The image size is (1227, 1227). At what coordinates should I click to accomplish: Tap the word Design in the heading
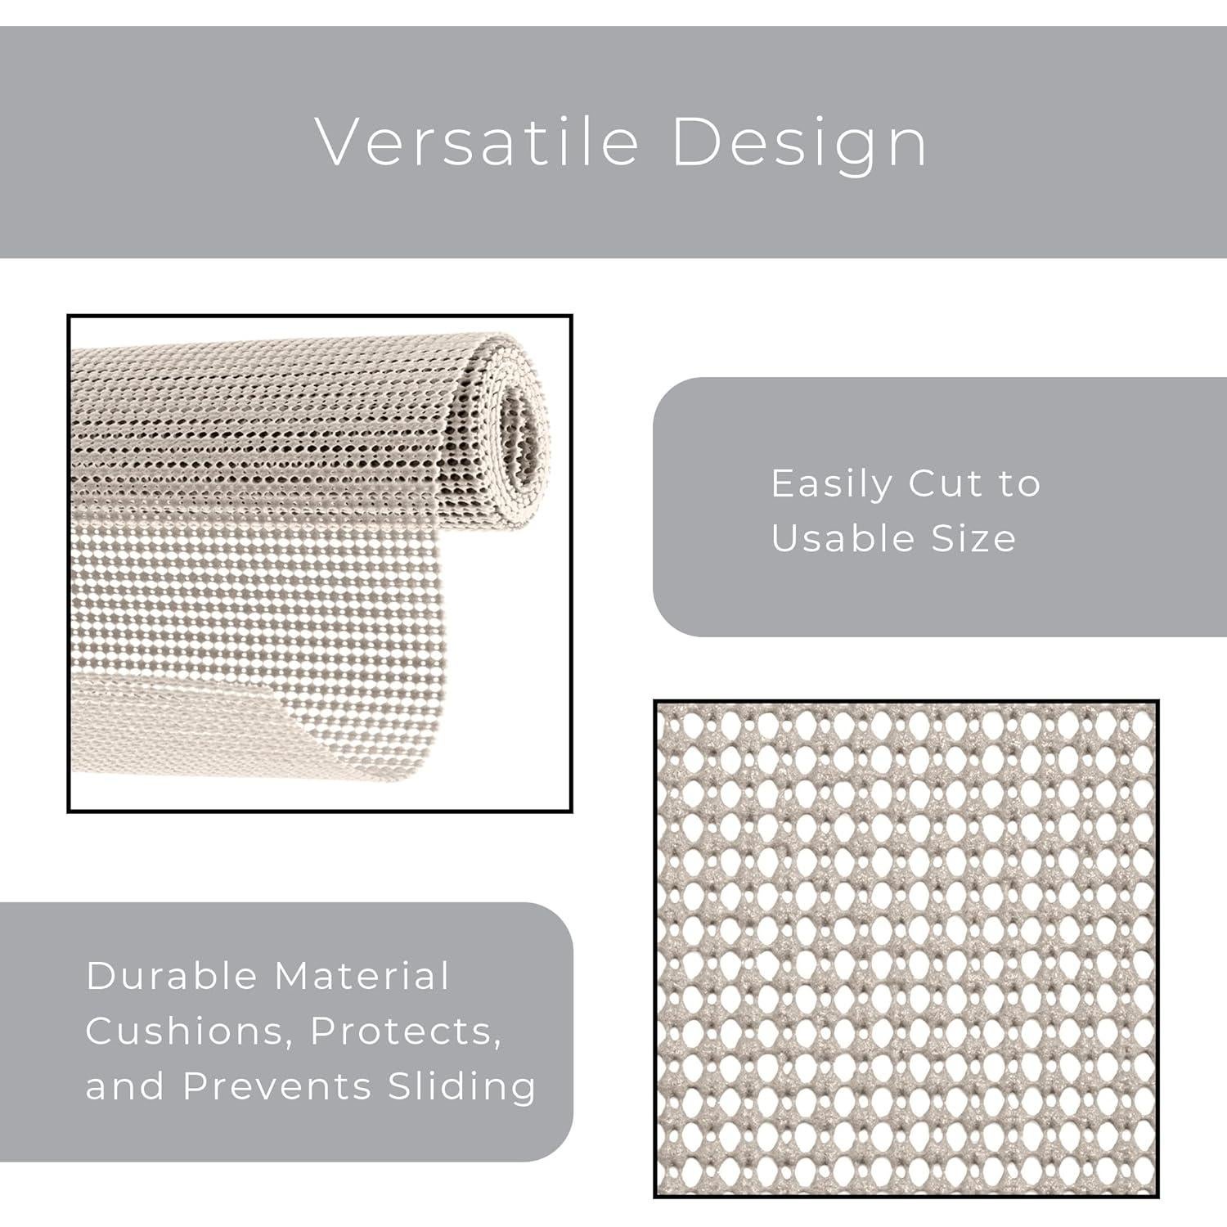point(799,142)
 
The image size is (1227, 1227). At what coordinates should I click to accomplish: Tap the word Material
point(362,976)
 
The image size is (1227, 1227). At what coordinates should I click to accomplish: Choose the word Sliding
point(462,1087)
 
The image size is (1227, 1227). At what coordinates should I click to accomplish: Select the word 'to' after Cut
point(1019,483)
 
